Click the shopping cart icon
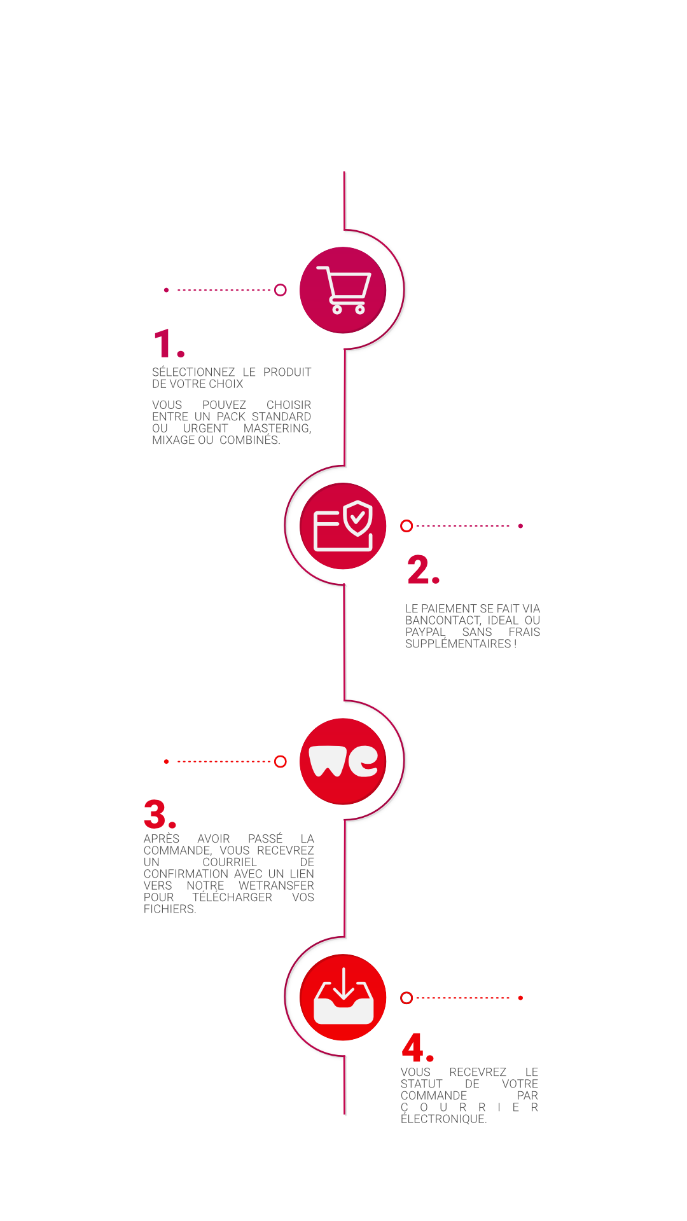tap(344, 290)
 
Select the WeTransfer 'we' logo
tap(343, 761)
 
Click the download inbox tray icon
tap(343, 996)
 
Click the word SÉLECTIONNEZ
tap(193, 372)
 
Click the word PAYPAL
tap(426, 632)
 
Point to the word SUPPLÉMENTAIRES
tap(458, 644)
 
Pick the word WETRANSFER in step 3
tap(276, 886)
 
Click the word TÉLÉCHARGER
tap(232, 897)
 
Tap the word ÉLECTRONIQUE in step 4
tap(443, 1119)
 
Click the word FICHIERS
tap(170, 909)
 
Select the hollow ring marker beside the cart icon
tap(281, 290)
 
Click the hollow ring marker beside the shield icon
tap(406, 526)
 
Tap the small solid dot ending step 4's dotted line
tap(520, 998)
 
